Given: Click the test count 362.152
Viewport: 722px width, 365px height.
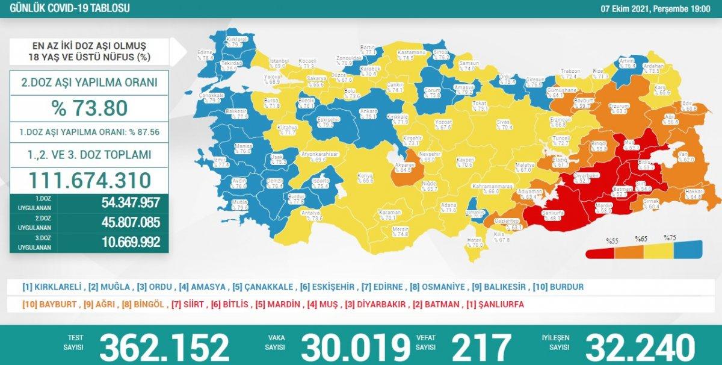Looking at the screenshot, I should [164, 348].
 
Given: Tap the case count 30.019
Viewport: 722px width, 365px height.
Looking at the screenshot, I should [353, 348].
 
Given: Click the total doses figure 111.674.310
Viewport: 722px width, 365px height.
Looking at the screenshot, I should [90, 180].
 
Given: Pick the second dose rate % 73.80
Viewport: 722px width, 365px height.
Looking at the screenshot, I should [90, 108].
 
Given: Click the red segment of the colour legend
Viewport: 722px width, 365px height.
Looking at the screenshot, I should [600, 253].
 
